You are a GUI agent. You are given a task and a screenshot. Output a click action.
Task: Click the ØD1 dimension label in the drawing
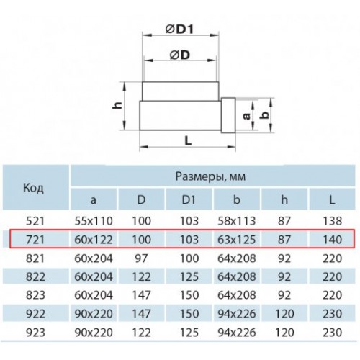point(179,30)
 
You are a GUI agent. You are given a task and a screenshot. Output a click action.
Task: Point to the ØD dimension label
point(180,55)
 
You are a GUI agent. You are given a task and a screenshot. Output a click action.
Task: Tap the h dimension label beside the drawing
point(117,105)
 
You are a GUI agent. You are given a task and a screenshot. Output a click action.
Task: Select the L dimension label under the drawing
point(189,140)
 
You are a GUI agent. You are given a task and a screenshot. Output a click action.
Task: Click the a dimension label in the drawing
point(246,116)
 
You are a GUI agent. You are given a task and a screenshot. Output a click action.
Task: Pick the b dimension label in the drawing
point(264,114)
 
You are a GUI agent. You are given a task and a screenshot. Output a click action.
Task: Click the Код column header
point(33,188)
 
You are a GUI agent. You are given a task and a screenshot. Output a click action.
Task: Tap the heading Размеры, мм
point(210,176)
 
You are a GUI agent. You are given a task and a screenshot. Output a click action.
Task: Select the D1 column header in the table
point(189,199)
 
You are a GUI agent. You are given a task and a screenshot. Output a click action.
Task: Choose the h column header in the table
point(284,199)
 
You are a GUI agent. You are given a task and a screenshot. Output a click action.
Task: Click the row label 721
point(35,240)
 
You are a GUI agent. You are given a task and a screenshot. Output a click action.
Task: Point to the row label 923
point(35,333)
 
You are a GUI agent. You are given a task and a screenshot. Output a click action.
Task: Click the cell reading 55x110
point(94,221)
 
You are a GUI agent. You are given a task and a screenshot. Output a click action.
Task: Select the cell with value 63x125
point(237,240)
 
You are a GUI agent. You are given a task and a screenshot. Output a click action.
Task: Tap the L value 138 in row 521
point(332,221)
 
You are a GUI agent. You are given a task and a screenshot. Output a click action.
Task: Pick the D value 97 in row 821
point(141,258)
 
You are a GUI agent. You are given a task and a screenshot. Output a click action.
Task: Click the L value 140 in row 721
point(332,240)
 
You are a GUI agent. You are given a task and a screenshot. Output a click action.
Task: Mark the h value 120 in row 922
point(284,314)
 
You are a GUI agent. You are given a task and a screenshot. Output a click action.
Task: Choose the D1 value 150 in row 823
point(189,295)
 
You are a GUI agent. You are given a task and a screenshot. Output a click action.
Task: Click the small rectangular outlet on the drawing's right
point(228,115)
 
